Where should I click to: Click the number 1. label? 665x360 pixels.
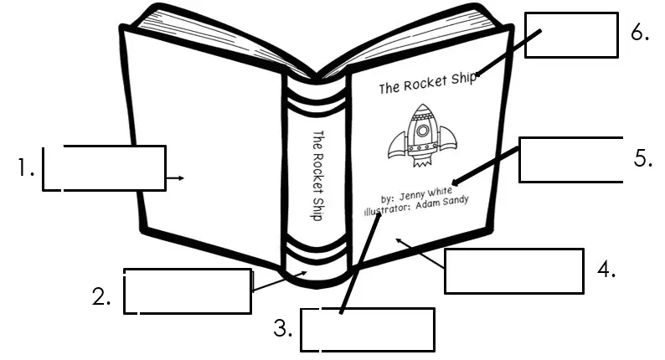[26, 167]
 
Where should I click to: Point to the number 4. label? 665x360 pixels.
[606, 269]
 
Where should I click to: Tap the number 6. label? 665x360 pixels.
[640, 32]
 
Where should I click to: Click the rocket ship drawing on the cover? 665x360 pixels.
[422, 136]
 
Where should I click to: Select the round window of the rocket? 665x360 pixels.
[422, 130]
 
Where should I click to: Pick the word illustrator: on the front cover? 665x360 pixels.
[388, 209]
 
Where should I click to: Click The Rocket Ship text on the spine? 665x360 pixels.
[317, 175]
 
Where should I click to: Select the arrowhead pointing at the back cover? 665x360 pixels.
[181, 178]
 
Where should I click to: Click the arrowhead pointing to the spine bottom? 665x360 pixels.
[303, 274]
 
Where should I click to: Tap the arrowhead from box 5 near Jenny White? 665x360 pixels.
[455, 183]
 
